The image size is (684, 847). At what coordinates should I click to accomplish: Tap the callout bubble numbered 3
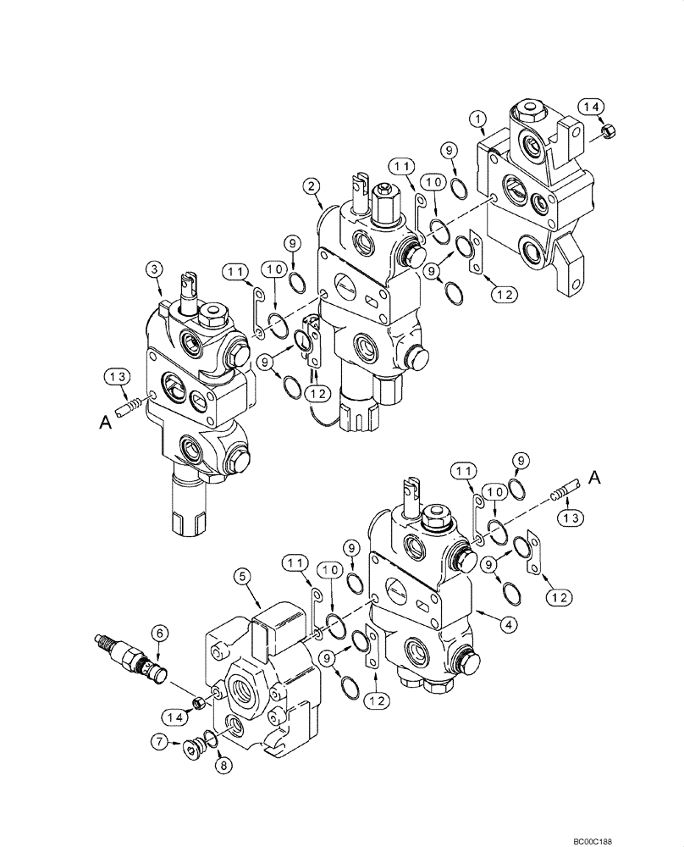[153, 269]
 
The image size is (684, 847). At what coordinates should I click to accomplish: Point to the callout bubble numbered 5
[242, 577]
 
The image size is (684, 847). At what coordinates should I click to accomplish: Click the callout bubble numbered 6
[158, 632]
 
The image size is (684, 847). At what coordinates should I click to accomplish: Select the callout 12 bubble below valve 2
[316, 393]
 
